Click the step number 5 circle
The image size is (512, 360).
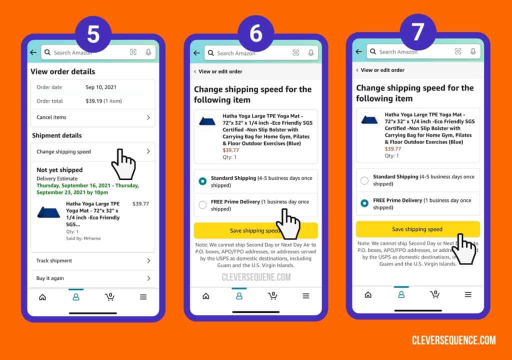[93, 33]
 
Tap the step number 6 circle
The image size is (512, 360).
[255, 33]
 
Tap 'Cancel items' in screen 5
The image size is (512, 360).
[92, 117]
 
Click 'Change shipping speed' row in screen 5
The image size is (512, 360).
[92, 151]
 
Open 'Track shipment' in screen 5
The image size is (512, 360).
[92, 261]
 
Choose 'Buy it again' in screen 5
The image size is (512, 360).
[92, 278]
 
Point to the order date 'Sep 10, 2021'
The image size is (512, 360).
[100, 87]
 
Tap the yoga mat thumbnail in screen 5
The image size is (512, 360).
[48, 212]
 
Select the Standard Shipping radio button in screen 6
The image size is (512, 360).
[202, 181]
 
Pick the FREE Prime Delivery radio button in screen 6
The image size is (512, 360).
[202, 204]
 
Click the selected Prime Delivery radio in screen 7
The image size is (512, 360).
[364, 203]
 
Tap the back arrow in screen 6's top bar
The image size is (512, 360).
[196, 53]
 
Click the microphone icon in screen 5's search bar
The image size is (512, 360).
[148, 52]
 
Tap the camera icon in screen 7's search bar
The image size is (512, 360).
[458, 51]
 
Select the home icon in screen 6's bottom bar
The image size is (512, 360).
[205, 296]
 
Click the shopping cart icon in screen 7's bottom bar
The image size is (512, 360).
[435, 294]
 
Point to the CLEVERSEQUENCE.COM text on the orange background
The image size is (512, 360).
[453, 340]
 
